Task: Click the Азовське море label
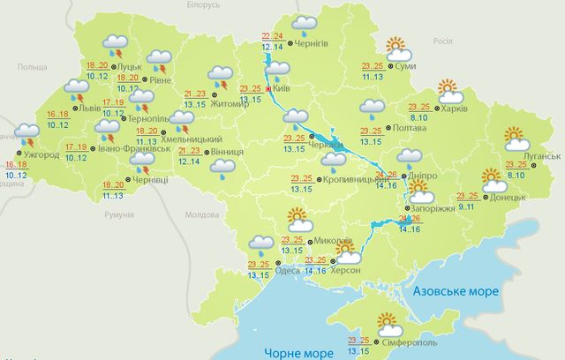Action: click(456, 290)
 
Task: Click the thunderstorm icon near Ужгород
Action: click(26, 139)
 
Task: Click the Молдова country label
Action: click(201, 214)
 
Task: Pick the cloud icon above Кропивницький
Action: click(334, 160)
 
